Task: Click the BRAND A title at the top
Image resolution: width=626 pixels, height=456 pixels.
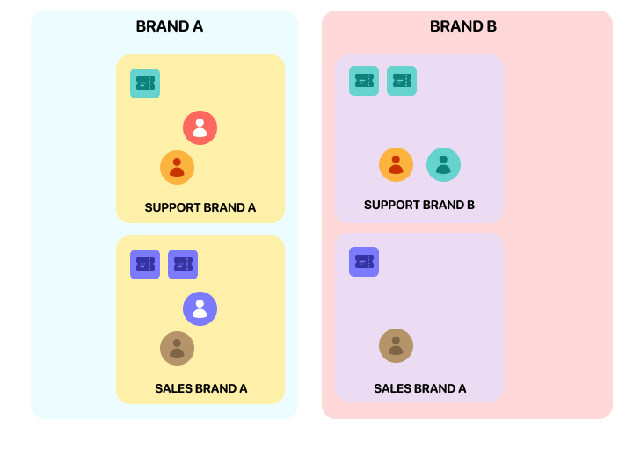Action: [x=169, y=26]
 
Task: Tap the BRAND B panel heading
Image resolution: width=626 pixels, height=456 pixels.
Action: [x=462, y=26]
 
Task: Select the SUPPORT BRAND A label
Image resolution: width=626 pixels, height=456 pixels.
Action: [x=200, y=208]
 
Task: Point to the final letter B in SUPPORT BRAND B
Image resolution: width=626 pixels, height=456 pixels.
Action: [x=470, y=205]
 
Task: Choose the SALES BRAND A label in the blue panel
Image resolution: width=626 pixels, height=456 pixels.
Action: [x=200, y=388]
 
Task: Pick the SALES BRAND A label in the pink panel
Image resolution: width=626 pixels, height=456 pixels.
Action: [x=419, y=388]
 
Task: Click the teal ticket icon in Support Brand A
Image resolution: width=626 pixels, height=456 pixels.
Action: [x=145, y=83]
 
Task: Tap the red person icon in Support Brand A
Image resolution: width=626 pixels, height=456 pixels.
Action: [x=200, y=128]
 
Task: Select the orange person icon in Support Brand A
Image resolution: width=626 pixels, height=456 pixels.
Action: [x=177, y=167]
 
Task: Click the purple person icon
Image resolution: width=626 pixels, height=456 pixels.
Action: [x=200, y=308]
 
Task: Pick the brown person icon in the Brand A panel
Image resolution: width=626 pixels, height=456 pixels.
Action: [x=177, y=348]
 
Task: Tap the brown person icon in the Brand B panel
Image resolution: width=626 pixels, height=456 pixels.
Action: [x=396, y=345]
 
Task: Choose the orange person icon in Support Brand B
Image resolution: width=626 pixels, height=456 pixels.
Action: [x=396, y=164]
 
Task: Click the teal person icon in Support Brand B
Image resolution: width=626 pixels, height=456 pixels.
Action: [x=443, y=164]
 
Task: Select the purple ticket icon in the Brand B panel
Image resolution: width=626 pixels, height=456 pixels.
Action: [x=364, y=262]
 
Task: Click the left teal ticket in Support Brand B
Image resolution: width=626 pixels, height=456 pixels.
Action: [x=364, y=81]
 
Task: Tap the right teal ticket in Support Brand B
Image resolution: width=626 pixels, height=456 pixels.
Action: [x=402, y=81]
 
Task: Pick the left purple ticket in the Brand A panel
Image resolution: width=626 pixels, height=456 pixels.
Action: [x=145, y=264]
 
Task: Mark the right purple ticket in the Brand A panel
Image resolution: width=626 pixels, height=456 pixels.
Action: [x=183, y=264]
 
